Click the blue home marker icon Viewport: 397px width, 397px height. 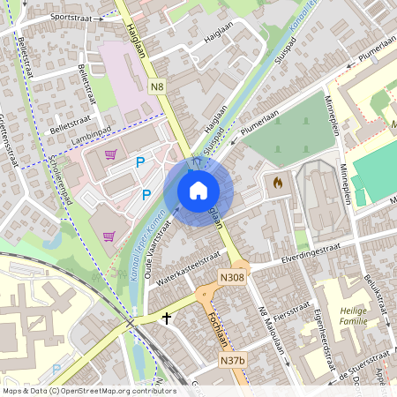click(x=198, y=191)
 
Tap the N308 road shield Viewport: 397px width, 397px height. click(x=232, y=278)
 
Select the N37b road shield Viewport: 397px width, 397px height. click(x=232, y=361)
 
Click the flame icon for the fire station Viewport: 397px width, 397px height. click(x=278, y=184)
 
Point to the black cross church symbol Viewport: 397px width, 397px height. click(x=166, y=318)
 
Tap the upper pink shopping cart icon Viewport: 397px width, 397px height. click(x=110, y=154)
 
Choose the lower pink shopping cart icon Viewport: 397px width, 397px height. click(x=110, y=236)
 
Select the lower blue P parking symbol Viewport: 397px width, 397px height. click(x=146, y=195)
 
